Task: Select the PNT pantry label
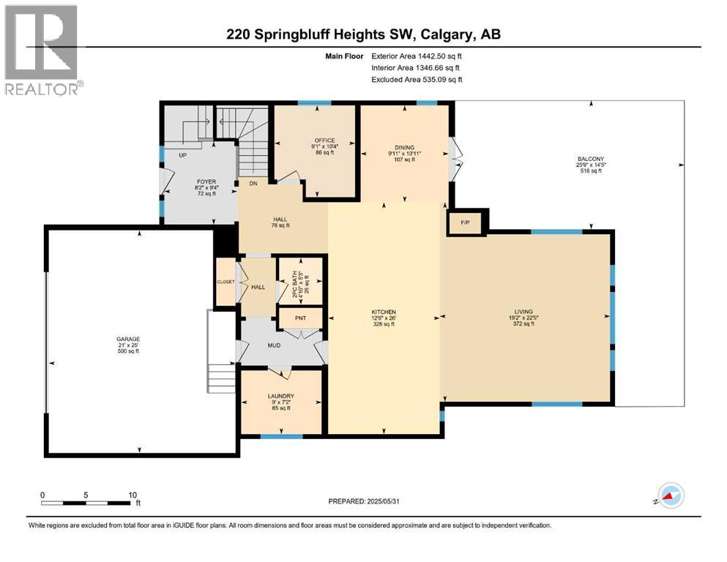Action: point(299,318)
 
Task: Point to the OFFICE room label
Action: point(316,140)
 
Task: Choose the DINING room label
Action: point(405,147)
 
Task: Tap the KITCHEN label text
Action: point(383,311)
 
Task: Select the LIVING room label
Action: point(523,311)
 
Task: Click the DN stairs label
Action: point(253,183)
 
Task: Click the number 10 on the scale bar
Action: point(133,495)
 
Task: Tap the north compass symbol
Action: point(669,497)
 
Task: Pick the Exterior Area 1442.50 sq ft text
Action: point(417,55)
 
